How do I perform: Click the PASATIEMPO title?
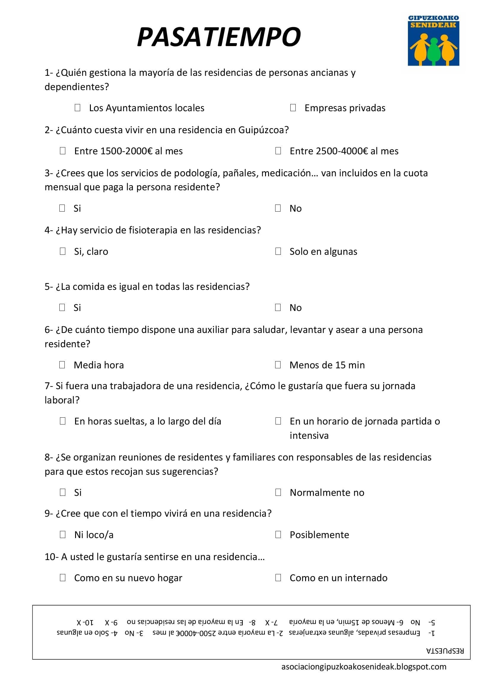pos(218,37)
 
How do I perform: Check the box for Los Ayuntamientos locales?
pos(77,107)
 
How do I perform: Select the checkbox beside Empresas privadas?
pos(293,107)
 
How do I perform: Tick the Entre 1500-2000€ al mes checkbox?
pos(63,150)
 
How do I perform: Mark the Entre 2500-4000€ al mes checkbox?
pos(278,150)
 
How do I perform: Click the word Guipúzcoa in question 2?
pos(263,130)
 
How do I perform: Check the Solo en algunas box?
pos(278,251)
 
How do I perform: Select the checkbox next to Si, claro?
pos(63,251)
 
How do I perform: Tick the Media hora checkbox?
pos(62,364)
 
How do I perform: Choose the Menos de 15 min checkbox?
pos(278,364)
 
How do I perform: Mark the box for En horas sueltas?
pos(63,421)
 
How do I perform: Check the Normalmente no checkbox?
pos(278,492)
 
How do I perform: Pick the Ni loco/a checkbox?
pos(63,534)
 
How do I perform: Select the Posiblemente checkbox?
pos(278,534)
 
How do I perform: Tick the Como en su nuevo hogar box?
pos(63,577)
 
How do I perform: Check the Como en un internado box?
pos(278,577)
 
